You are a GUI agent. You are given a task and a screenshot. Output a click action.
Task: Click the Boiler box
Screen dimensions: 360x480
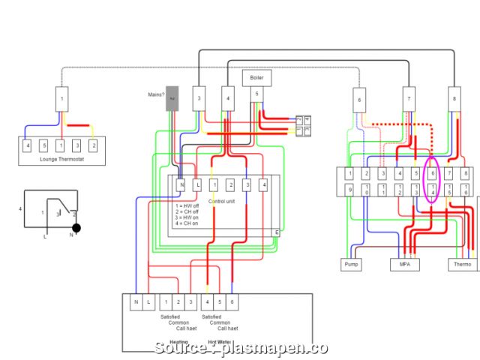pyautogui.click(x=257, y=78)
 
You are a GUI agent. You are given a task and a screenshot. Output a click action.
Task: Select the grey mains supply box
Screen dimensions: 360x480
pyautogui.click(x=172, y=99)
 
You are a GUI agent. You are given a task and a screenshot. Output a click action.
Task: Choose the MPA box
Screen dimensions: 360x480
pyautogui.click(x=405, y=264)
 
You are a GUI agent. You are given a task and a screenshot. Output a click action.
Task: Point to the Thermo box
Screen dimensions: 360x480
pyautogui.click(x=462, y=264)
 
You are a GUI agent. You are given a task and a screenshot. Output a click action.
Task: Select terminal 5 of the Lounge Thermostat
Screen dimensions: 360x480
pyautogui.click(x=44, y=145)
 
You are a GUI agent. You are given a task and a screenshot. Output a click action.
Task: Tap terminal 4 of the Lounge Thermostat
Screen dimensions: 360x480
pyautogui.click(x=28, y=145)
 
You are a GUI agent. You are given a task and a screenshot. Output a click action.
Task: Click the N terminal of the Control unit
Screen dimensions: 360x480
pyautogui.click(x=181, y=184)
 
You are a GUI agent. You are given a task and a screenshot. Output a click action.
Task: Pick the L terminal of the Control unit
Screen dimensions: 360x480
pyautogui.click(x=197, y=184)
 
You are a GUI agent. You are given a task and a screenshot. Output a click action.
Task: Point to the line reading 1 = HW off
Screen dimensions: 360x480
pyautogui.click(x=187, y=205)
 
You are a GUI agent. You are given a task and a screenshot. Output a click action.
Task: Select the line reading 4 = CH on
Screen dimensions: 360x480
pyautogui.click(x=187, y=223)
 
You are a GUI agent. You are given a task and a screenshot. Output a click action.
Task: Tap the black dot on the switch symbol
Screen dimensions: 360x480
pyautogui.click(x=76, y=227)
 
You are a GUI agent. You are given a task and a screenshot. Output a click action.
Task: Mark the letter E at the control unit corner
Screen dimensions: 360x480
pyautogui.click(x=276, y=233)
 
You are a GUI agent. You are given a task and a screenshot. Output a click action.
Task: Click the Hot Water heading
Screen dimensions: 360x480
pyautogui.click(x=220, y=342)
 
